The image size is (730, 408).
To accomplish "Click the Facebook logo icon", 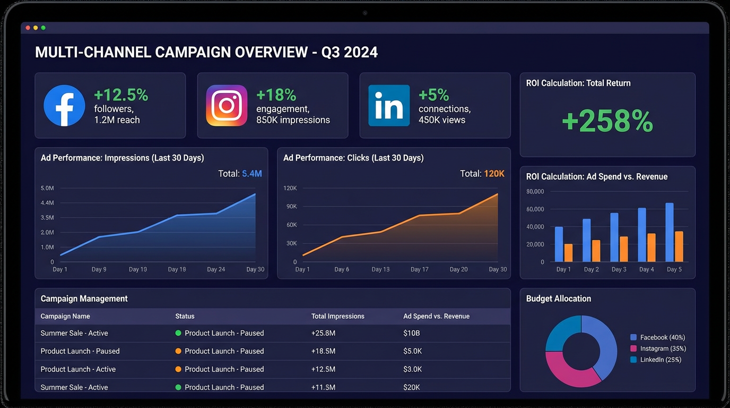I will pyautogui.click(x=64, y=106).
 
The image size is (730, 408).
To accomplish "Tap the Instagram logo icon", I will pyautogui.click(x=227, y=106).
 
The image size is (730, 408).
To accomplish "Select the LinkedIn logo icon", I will pyautogui.click(x=389, y=106).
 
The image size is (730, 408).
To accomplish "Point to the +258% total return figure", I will pyautogui.click(x=607, y=122).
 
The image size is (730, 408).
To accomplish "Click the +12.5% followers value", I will pyautogui.click(x=121, y=95).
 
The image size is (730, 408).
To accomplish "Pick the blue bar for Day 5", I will pyautogui.click(x=670, y=232).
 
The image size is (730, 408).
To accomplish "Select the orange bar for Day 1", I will pyautogui.click(x=568, y=253).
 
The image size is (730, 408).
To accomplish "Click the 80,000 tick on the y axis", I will pyautogui.click(x=535, y=191).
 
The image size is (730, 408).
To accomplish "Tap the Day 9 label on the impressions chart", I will pyautogui.click(x=99, y=269).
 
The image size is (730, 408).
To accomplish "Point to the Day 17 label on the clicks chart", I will pyautogui.click(x=419, y=269).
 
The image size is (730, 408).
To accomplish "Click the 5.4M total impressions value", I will pyautogui.click(x=251, y=174).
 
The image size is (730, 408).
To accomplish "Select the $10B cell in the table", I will pyautogui.click(x=412, y=333).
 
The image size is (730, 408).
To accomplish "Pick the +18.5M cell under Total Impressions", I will pyautogui.click(x=323, y=351).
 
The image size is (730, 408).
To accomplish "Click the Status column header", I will pyautogui.click(x=185, y=316).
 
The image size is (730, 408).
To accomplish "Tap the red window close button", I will pyautogui.click(x=28, y=28).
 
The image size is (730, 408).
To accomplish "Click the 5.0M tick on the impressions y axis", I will pyautogui.click(x=47, y=188).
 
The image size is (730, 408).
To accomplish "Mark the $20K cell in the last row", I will pyautogui.click(x=412, y=387).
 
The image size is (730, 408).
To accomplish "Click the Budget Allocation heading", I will pyautogui.click(x=558, y=299).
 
